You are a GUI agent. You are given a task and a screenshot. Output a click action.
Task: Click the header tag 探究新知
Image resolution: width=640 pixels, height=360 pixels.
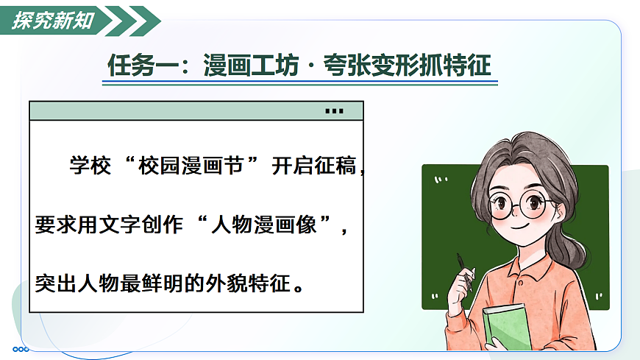(x=54, y=21)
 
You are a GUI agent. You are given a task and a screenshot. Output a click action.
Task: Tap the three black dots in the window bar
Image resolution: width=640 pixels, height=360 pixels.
(x=334, y=112)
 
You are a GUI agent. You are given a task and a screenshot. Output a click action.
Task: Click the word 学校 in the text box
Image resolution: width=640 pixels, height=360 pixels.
(x=89, y=166)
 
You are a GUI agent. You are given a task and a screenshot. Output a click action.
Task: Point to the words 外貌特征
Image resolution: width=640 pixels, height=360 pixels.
(x=249, y=283)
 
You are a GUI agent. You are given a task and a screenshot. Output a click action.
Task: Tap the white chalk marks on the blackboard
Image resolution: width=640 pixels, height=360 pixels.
(x=441, y=179)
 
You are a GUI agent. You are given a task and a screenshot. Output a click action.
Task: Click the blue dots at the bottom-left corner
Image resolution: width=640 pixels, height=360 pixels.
(x=21, y=348)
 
